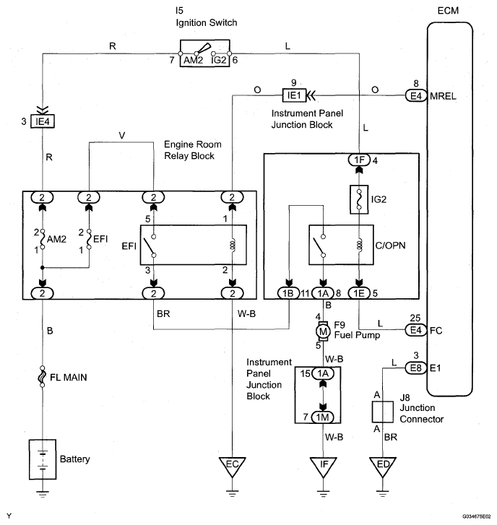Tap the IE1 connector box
pyautogui.click(x=295, y=95)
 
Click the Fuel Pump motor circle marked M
pyautogui.click(x=323, y=331)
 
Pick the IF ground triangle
pyautogui.click(x=323, y=464)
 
